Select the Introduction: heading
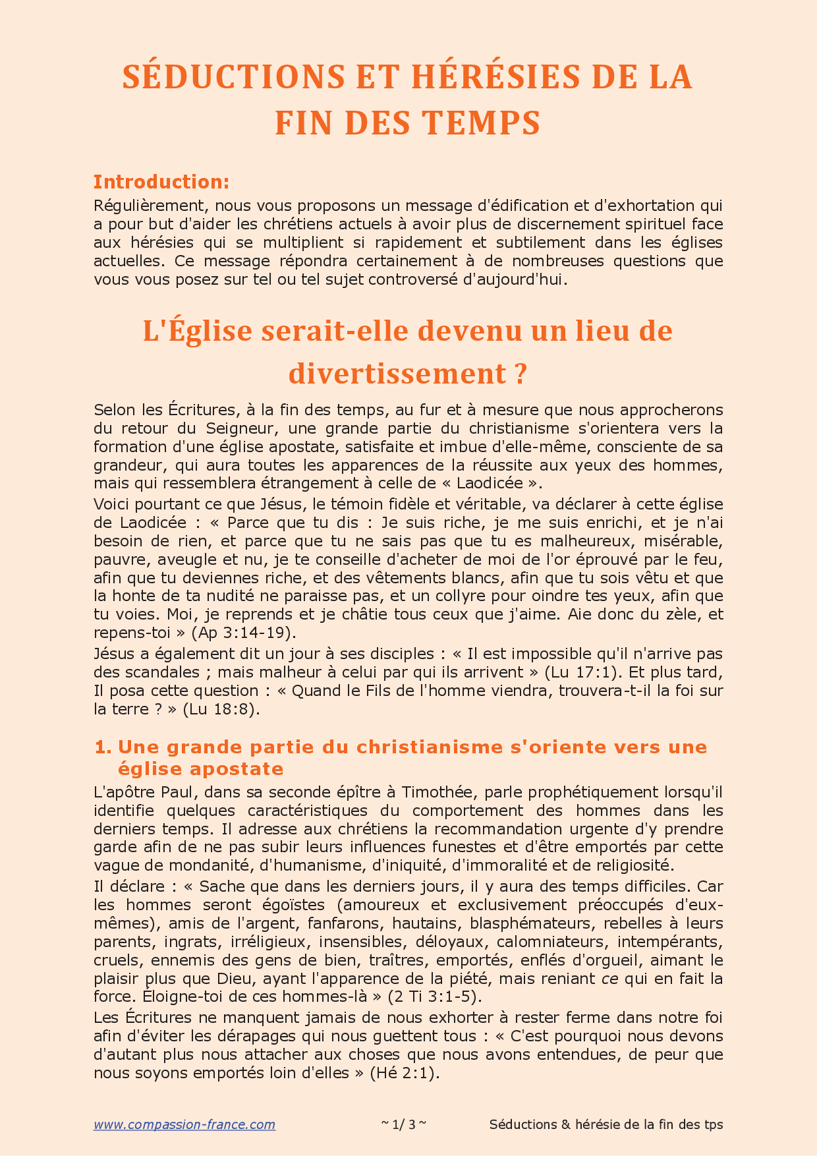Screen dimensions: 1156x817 [x=161, y=181]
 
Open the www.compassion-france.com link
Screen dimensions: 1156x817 [x=184, y=1124]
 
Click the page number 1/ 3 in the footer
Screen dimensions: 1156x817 [x=404, y=1124]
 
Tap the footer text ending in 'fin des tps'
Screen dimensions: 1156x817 [x=606, y=1124]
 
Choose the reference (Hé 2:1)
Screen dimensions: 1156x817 [x=404, y=1072]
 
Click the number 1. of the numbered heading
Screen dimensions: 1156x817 [x=103, y=747]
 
